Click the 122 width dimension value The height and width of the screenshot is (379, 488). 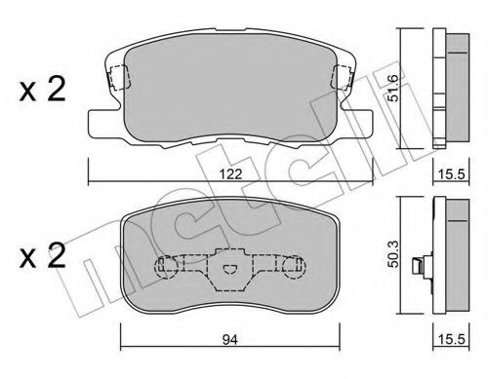(x=230, y=174)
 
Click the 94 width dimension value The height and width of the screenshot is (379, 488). (x=230, y=340)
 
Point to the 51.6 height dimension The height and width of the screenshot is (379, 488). (x=393, y=88)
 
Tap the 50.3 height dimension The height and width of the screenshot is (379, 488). (x=393, y=254)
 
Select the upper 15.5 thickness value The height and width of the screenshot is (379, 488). (x=451, y=174)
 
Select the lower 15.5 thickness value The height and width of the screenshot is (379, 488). (x=452, y=340)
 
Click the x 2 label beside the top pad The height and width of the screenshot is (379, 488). (x=43, y=90)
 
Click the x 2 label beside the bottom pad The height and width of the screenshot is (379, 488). (x=43, y=255)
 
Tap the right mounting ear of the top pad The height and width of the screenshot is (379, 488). (x=355, y=123)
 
